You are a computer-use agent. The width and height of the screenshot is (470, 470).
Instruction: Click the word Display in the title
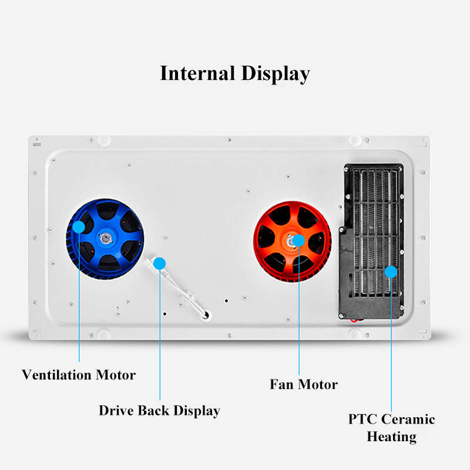tap(274, 75)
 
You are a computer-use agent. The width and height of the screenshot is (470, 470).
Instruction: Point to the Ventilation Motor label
tap(79, 374)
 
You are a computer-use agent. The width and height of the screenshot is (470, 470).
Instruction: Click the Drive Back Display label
tap(159, 410)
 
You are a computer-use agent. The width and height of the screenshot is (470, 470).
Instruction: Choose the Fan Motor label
tap(304, 384)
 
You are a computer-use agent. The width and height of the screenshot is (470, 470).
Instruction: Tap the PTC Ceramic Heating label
tap(392, 428)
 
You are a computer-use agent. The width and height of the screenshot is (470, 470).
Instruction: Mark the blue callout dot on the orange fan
tap(298, 240)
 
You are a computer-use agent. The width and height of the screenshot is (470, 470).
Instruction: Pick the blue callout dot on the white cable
tap(159, 263)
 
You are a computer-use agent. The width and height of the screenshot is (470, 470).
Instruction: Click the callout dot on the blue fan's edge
tap(79, 226)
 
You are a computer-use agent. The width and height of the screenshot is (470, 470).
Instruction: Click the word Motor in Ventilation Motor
tap(115, 374)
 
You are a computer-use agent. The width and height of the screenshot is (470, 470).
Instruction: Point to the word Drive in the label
tap(116, 410)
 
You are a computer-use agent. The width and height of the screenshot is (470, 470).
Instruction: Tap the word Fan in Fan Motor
tap(282, 384)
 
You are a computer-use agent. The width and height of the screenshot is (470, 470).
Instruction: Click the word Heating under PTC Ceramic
tap(392, 437)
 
